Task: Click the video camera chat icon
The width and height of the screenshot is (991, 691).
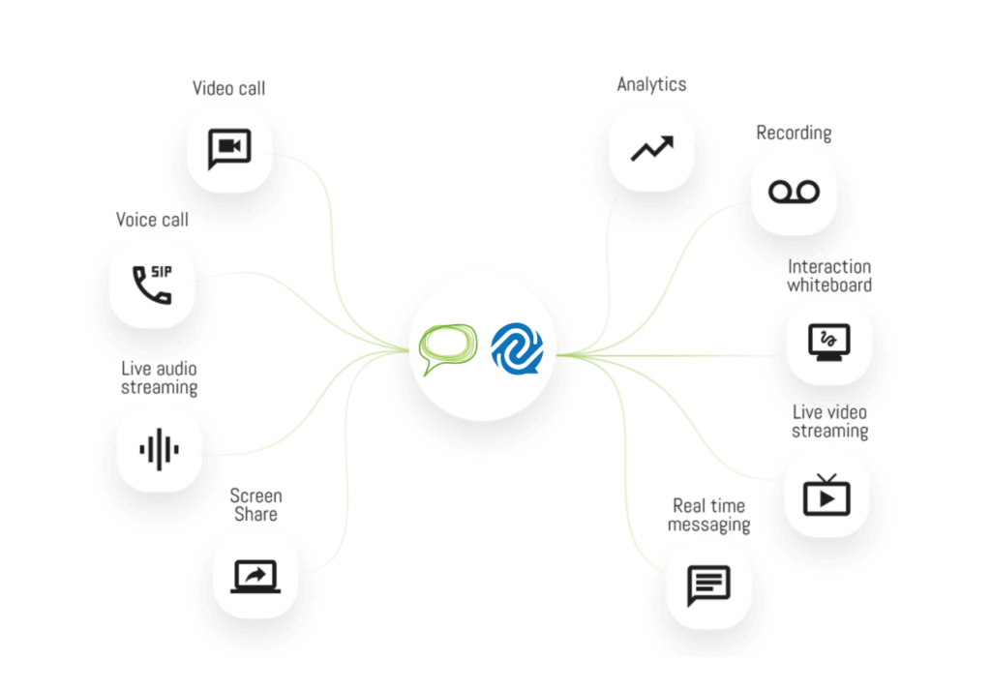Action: (229, 148)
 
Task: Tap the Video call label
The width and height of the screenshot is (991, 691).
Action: (228, 88)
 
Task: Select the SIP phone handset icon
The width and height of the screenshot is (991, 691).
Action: (152, 284)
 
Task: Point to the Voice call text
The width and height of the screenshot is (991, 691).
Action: (152, 220)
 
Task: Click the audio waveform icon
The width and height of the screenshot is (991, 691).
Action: (159, 449)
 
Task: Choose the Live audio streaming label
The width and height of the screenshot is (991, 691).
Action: (159, 378)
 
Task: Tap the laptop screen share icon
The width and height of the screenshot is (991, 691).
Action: (255, 577)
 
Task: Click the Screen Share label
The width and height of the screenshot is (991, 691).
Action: (255, 505)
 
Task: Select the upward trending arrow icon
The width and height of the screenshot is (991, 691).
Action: (651, 148)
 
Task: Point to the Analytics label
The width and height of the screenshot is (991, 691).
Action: (651, 84)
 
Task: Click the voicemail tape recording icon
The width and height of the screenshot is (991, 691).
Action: (794, 192)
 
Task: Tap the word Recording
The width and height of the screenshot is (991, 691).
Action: (794, 133)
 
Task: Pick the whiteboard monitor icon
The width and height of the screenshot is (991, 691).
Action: (829, 342)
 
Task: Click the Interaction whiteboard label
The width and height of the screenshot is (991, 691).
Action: (829, 276)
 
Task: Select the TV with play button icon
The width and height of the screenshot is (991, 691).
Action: (826, 495)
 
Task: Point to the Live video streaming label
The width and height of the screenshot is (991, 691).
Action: (829, 422)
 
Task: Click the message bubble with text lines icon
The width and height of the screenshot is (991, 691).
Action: (708, 585)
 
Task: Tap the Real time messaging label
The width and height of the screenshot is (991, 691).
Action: (709, 515)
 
